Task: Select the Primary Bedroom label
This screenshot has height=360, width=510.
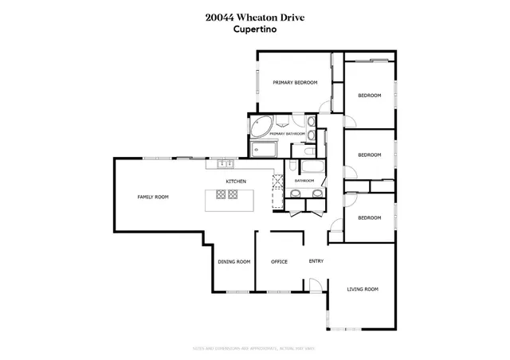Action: click(295, 83)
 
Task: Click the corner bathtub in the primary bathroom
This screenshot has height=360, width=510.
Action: click(261, 126)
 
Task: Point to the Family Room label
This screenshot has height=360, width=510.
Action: click(152, 197)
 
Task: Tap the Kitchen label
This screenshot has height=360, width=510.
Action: click(235, 182)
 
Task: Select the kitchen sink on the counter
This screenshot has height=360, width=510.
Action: click(225, 165)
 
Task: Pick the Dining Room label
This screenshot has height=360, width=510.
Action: click(234, 261)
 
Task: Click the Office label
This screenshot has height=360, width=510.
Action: click(279, 261)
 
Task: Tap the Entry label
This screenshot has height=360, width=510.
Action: click(316, 260)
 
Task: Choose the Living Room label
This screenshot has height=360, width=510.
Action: click(362, 289)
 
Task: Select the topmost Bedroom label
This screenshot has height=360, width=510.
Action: click(369, 96)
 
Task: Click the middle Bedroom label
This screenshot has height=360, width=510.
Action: click(369, 155)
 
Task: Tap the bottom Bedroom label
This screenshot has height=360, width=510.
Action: click(369, 217)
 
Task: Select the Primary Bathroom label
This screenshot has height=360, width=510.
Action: click(288, 134)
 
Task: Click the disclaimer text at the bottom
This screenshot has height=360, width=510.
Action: click(254, 347)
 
